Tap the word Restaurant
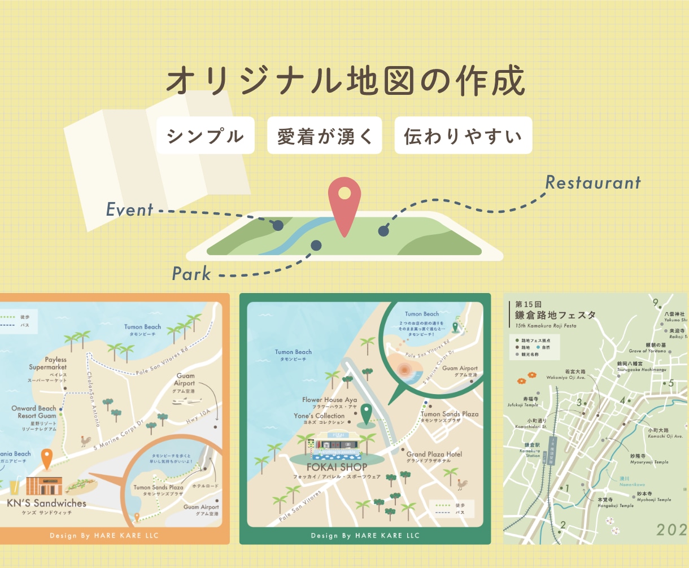point(593,183)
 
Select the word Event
point(130,210)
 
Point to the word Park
point(191,274)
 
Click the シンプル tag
point(205,136)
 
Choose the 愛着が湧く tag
point(324,136)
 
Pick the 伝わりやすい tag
point(463,136)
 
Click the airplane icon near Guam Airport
point(186,401)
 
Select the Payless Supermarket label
point(55,364)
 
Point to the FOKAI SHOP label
point(337,467)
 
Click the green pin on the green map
point(367,413)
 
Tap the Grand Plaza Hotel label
point(434,454)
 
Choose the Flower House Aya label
point(329,400)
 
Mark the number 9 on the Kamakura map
point(656,303)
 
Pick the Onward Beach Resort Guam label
point(34,412)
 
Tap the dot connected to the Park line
point(316,245)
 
